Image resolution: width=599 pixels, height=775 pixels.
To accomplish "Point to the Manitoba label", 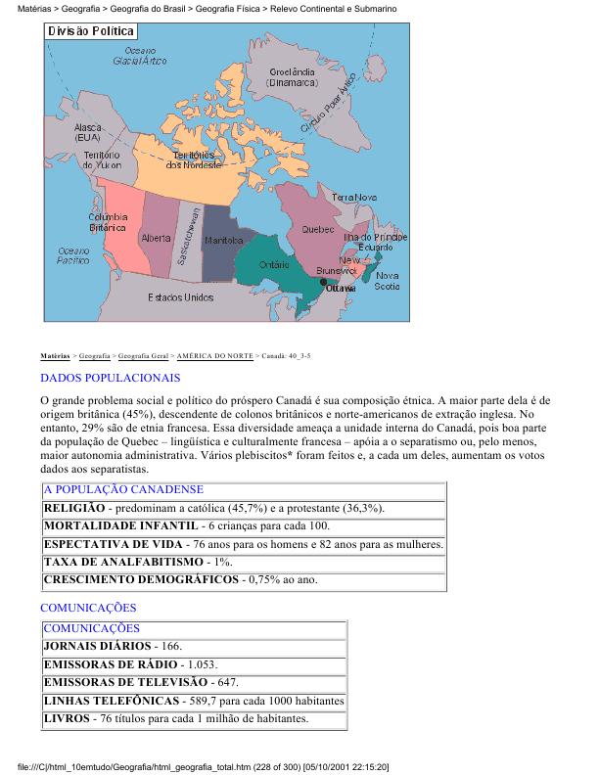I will point(223,240).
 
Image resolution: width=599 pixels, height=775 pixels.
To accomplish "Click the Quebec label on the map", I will point(318,230).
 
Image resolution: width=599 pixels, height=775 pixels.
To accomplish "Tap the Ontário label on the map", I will point(273,264).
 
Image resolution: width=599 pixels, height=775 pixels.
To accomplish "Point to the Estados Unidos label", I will point(180,296).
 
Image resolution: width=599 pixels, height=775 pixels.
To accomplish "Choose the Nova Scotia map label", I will point(387,281).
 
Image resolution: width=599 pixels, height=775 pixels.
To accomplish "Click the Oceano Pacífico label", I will point(73,255).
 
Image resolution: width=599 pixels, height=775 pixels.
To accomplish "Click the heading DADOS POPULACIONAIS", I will point(111,377).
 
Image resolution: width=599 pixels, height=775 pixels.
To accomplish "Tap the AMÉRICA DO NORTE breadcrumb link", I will point(213,355).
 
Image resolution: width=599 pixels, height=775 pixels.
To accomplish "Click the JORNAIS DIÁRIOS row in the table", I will point(98,647).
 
